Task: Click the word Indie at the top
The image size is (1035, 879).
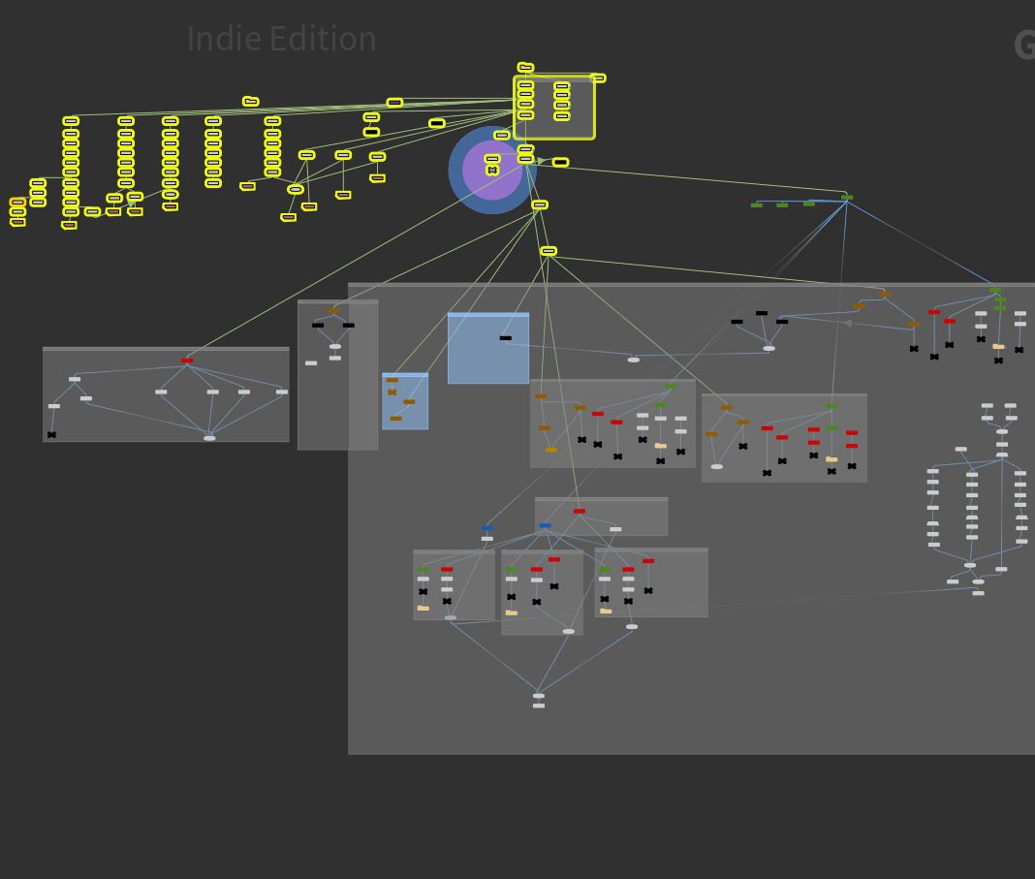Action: [x=224, y=40]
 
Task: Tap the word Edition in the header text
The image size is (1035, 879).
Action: [x=322, y=40]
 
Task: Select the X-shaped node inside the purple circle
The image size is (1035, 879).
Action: [x=492, y=170]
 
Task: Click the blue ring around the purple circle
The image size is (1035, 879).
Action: [x=455, y=171]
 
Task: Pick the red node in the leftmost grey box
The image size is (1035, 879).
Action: [x=187, y=361]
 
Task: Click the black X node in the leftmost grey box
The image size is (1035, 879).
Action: [x=51, y=435]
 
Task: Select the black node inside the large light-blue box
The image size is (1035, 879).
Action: [x=505, y=338]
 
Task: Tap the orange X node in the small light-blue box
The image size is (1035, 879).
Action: [x=392, y=392]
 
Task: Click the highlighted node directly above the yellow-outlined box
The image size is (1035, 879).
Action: [x=525, y=67]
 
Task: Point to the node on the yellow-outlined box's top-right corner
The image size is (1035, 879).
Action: [x=597, y=78]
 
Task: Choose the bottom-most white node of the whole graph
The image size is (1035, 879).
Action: [x=539, y=706]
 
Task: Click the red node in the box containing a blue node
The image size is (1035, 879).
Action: [x=579, y=511]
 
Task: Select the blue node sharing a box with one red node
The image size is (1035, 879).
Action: [x=545, y=525]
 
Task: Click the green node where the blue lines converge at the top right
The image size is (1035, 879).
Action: [x=847, y=198]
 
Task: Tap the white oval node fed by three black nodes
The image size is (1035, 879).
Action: [x=768, y=348]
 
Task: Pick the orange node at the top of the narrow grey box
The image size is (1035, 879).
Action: [x=333, y=311]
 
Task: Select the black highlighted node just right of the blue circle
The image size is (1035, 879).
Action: [x=560, y=162]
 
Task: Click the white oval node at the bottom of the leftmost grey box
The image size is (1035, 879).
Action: [x=209, y=438]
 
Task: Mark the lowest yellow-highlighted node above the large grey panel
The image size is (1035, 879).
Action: [x=549, y=251]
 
